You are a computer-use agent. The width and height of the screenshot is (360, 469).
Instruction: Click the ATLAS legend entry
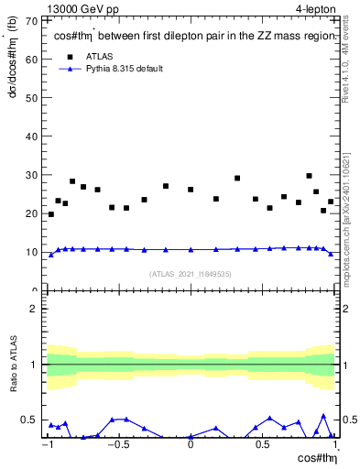click(99, 56)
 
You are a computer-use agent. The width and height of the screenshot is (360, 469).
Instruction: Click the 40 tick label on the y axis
click(32, 136)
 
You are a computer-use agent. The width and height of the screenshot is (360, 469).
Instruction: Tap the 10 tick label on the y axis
click(32, 252)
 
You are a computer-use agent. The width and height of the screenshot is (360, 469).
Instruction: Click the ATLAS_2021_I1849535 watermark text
click(191, 273)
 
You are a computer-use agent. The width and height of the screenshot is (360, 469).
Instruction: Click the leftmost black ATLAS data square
click(50, 214)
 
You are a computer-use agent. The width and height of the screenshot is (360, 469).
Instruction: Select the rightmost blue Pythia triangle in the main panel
click(331, 254)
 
